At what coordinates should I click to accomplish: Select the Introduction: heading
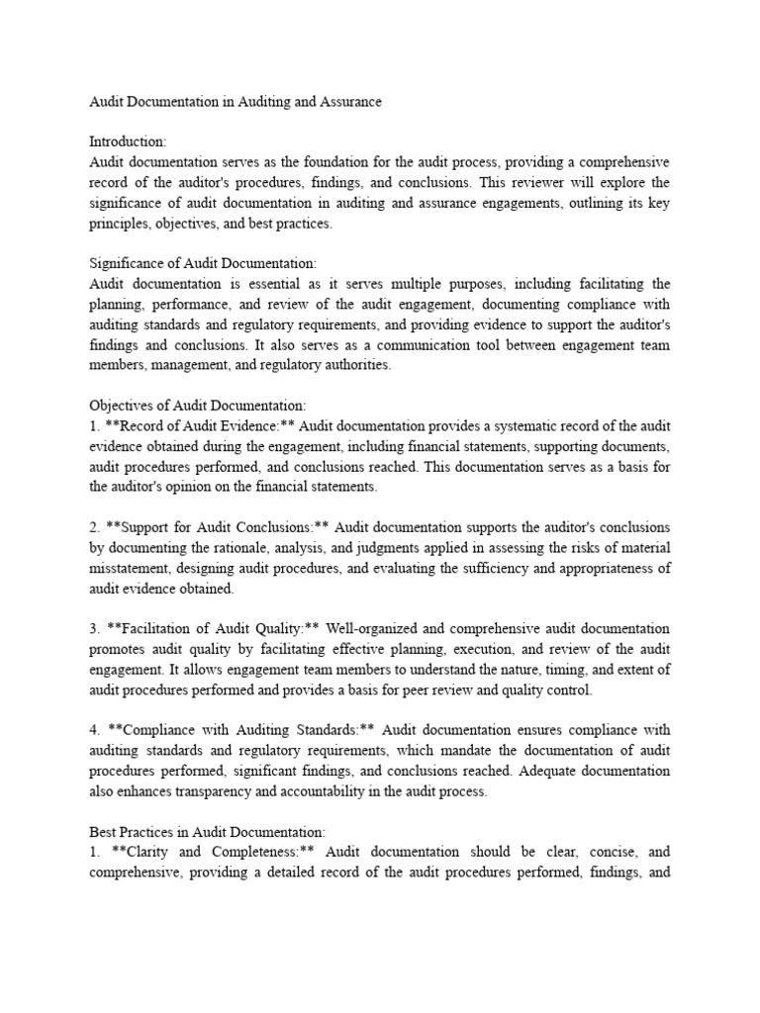pyautogui.click(x=130, y=142)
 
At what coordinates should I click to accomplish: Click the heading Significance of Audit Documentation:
pyautogui.click(x=203, y=263)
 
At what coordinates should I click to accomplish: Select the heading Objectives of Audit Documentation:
pyautogui.click(x=199, y=406)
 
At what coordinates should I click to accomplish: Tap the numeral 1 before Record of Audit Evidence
pyautogui.click(x=93, y=425)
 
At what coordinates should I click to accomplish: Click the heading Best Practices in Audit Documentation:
pyautogui.click(x=207, y=832)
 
